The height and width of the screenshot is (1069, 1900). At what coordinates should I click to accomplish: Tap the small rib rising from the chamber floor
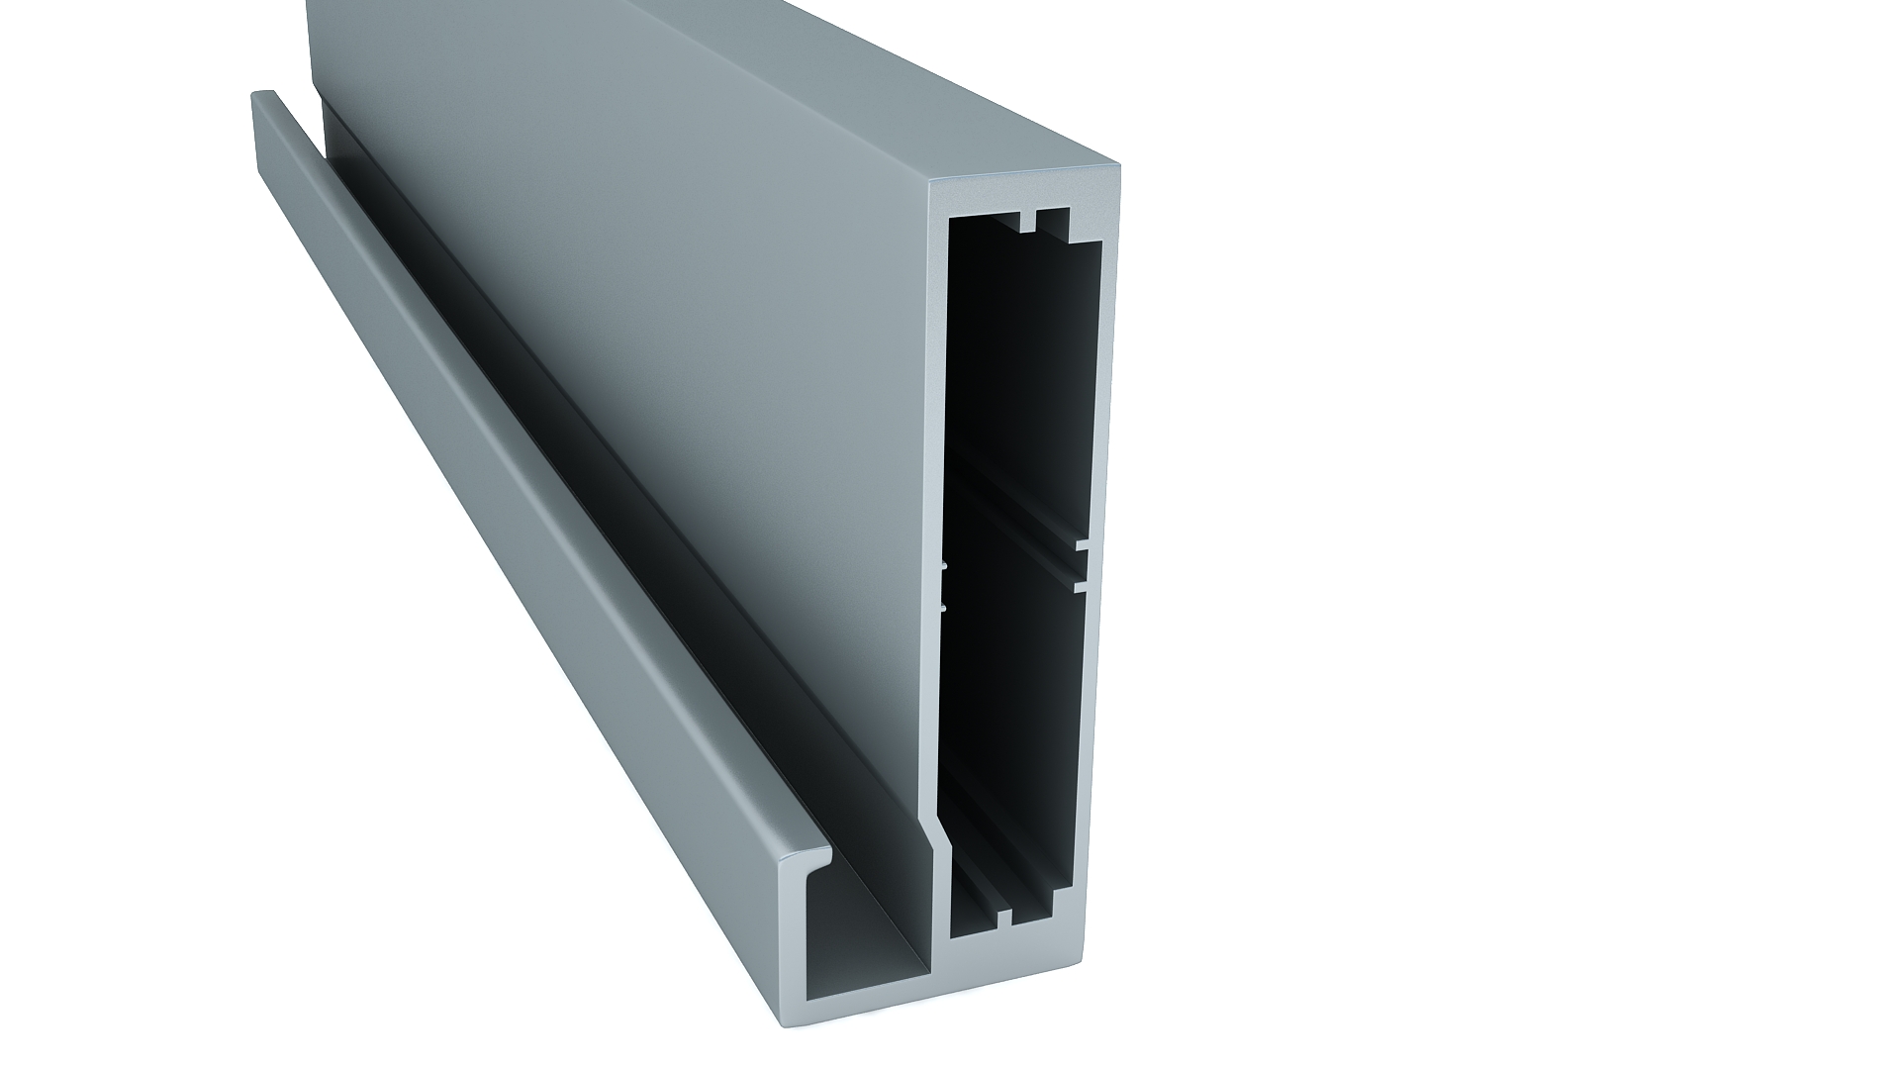pos(1005,918)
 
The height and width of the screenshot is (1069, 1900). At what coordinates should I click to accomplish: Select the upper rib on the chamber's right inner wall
pos(1082,544)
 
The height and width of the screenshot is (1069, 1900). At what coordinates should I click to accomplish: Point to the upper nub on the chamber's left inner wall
pos(944,567)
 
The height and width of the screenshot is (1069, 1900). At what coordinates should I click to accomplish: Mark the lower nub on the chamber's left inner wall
pos(944,606)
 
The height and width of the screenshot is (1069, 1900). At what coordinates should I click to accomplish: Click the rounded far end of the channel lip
pos(262,96)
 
